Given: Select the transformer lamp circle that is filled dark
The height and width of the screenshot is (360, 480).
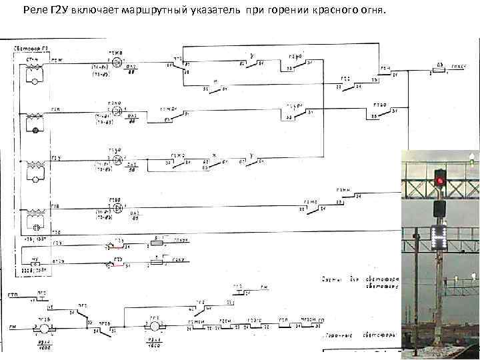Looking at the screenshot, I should click(35, 131).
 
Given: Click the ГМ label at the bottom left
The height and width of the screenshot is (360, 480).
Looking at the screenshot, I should click(12, 327).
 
